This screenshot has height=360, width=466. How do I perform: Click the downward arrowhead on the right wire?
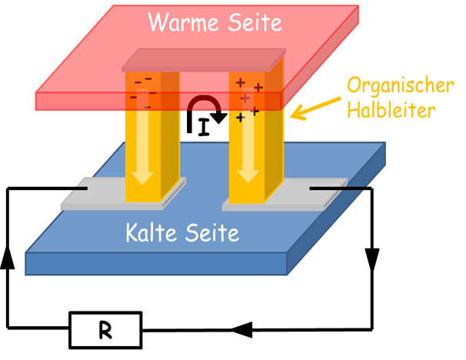tap(375, 262)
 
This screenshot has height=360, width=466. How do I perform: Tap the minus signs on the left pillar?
tap(141, 86)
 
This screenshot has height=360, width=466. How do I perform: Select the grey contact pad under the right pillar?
tap(308, 195)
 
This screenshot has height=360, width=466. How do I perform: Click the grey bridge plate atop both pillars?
tap(204, 58)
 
